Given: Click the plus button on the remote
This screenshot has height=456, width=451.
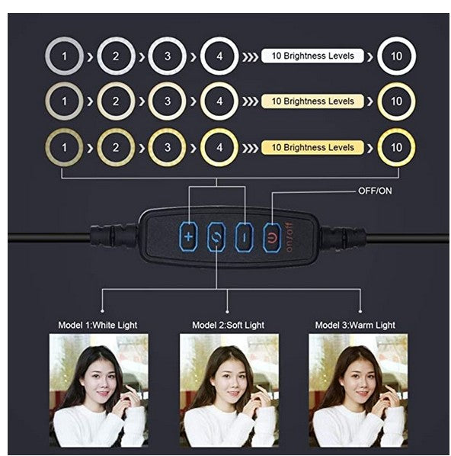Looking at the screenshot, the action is (x=188, y=236).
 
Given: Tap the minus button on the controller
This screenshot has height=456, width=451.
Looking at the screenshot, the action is (x=244, y=237).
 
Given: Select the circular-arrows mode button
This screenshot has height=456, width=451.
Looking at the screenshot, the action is (x=216, y=237).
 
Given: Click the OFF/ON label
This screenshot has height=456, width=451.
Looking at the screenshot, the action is (x=375, y=191).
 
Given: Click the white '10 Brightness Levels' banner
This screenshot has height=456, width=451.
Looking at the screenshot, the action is (x=312, y=56).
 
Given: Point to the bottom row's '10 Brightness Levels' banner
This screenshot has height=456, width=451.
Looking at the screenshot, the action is (x=312, y=147).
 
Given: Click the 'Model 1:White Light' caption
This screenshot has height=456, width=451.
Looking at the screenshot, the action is (x=98, y=325).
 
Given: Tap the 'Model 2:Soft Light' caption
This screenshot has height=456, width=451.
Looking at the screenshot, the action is (x=229, y=325).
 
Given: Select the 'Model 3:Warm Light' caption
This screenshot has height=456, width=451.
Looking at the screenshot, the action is (x=356, y=325).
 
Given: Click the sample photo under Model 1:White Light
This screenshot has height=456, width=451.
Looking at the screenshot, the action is (x=99, y=390).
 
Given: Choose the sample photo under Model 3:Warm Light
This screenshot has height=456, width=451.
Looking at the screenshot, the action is (x=358, y=390).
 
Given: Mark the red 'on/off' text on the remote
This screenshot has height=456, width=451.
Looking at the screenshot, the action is (x=289, y=237).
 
